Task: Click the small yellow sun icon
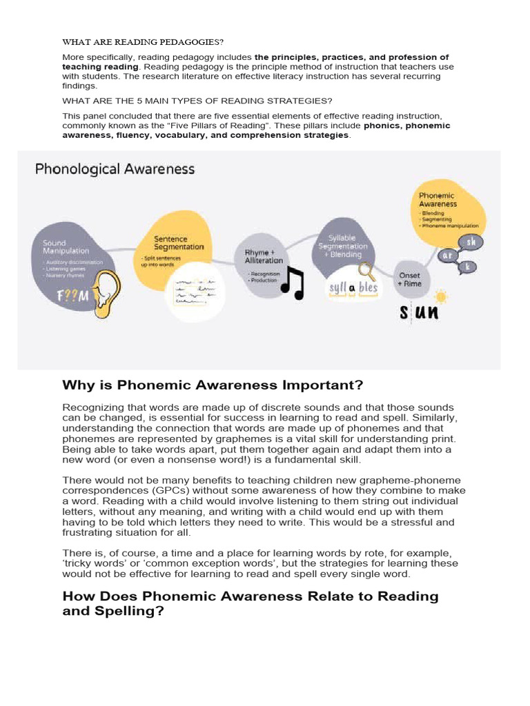pos(440,296)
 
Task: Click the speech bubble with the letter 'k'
pos(469,265)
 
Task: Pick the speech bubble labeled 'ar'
pos(447,255)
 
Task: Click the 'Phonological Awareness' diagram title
pos(115,169)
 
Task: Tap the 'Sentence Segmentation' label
pos(179,243)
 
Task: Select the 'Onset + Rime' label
pos(409,279)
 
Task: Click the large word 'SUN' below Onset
pos(419,312)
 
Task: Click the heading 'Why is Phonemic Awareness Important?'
pos(213,385)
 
